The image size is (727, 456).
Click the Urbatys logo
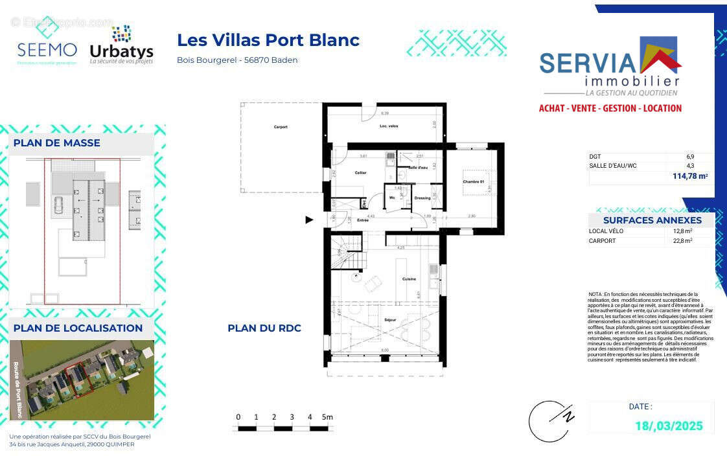[121, 45]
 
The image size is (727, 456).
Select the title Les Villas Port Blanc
[268, 40]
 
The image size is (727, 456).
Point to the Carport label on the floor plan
[280, 127]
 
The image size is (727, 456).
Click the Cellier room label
[360, 173]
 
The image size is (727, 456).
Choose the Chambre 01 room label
[474, 182]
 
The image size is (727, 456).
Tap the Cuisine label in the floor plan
[409, 279]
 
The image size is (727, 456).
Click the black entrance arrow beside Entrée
[309, 220]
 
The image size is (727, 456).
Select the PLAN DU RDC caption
[264, 328]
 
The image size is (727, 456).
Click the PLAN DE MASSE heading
[57, 143]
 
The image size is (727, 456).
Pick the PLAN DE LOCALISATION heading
[78, 328]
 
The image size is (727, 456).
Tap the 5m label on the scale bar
[327, 417]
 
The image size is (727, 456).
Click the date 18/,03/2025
[668, 426]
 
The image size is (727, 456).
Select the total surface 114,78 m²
[690, 176]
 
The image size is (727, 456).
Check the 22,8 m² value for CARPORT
[682, 241]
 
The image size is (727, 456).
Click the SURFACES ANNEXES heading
[652, 220]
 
